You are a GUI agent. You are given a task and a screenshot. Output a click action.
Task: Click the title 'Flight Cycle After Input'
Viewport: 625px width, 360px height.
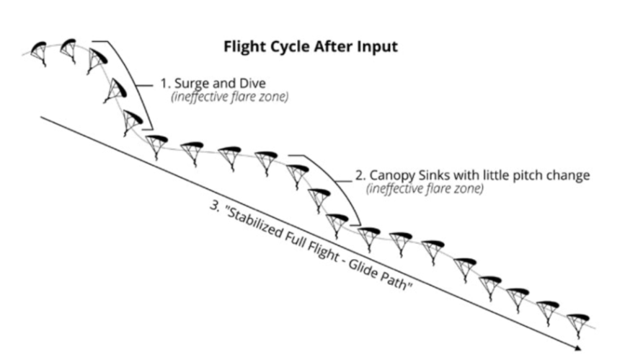310,48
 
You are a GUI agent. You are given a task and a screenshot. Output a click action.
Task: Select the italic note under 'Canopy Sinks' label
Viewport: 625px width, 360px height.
425,190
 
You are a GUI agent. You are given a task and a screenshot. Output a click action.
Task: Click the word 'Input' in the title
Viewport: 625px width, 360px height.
378,48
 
